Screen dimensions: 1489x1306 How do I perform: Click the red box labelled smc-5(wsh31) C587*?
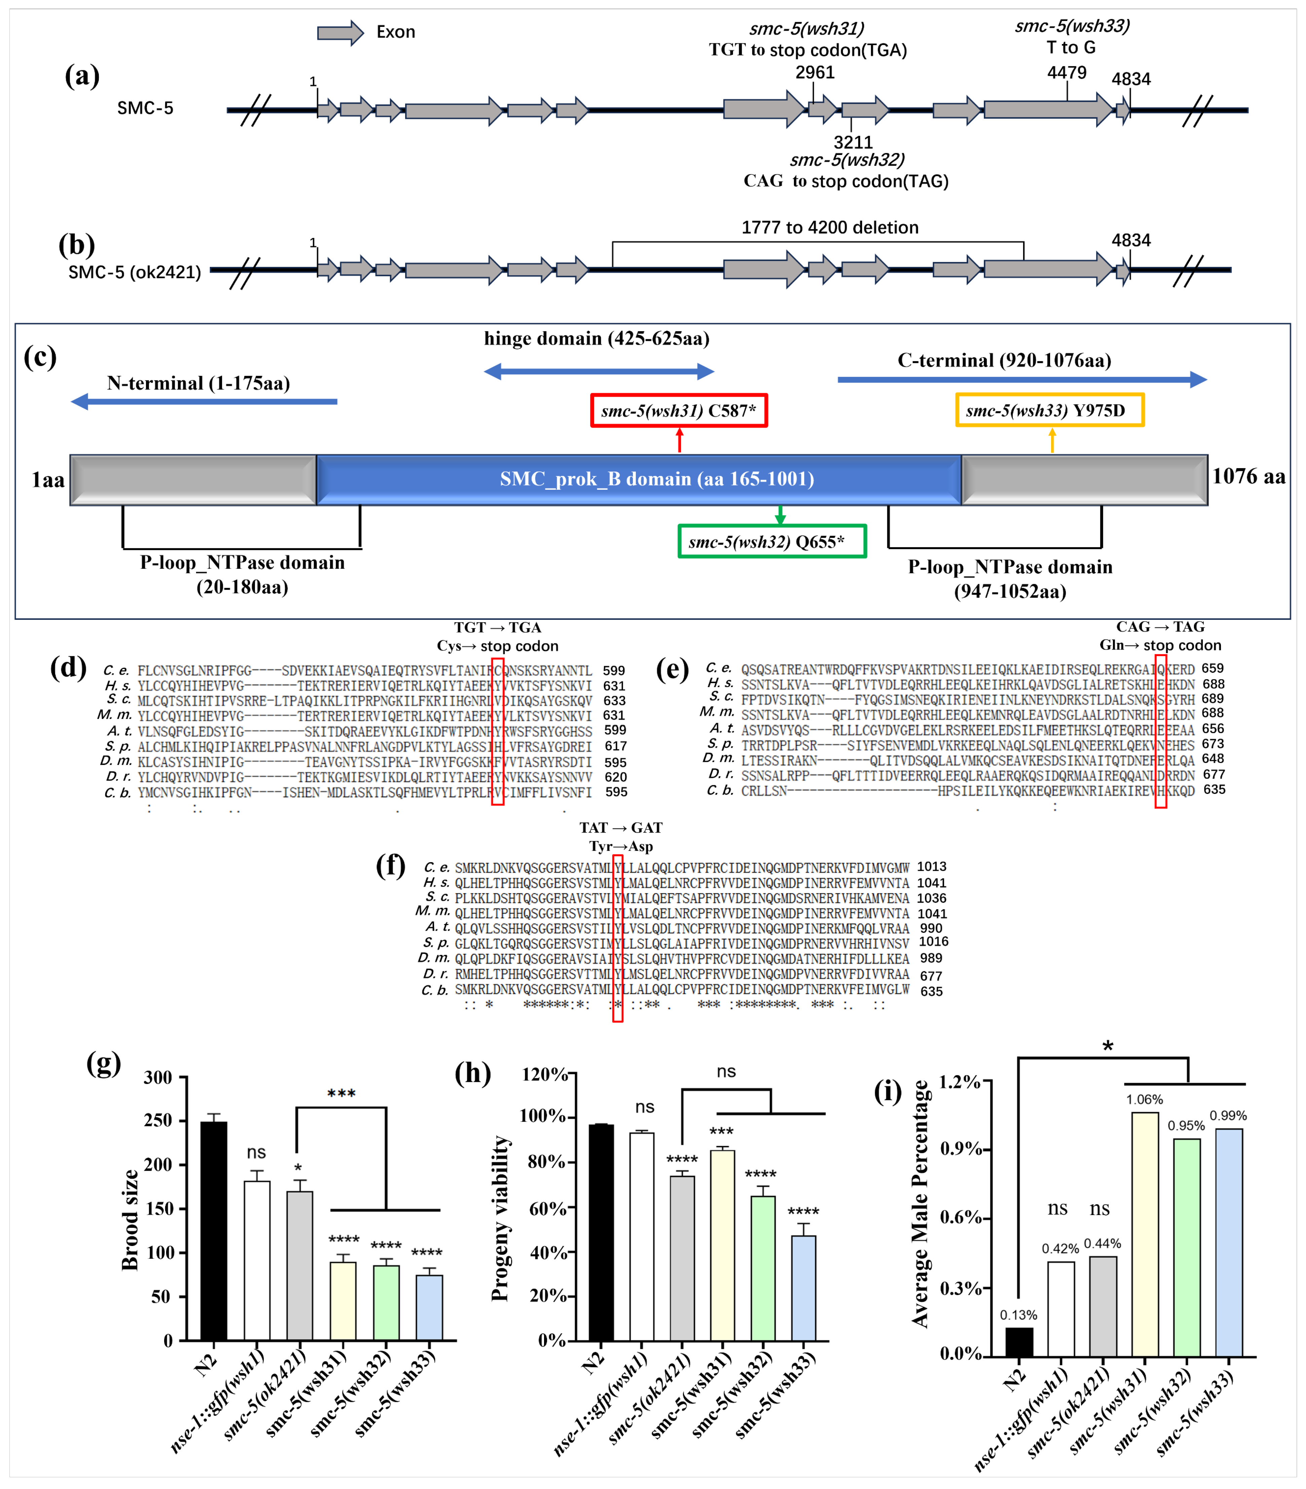pos(679,411)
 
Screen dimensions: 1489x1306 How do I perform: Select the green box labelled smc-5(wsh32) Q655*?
pos(772,541)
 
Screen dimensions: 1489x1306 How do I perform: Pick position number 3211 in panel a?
pos(853,142)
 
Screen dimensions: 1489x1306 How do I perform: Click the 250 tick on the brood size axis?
pos(158,1120)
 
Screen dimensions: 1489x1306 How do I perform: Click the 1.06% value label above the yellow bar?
pos(1144,1099)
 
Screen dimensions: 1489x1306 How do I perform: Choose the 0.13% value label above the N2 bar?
pos(1018,1315)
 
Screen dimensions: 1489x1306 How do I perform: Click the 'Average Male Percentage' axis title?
pos(920,1203)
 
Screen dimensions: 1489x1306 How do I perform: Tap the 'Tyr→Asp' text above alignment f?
pos(621,846)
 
